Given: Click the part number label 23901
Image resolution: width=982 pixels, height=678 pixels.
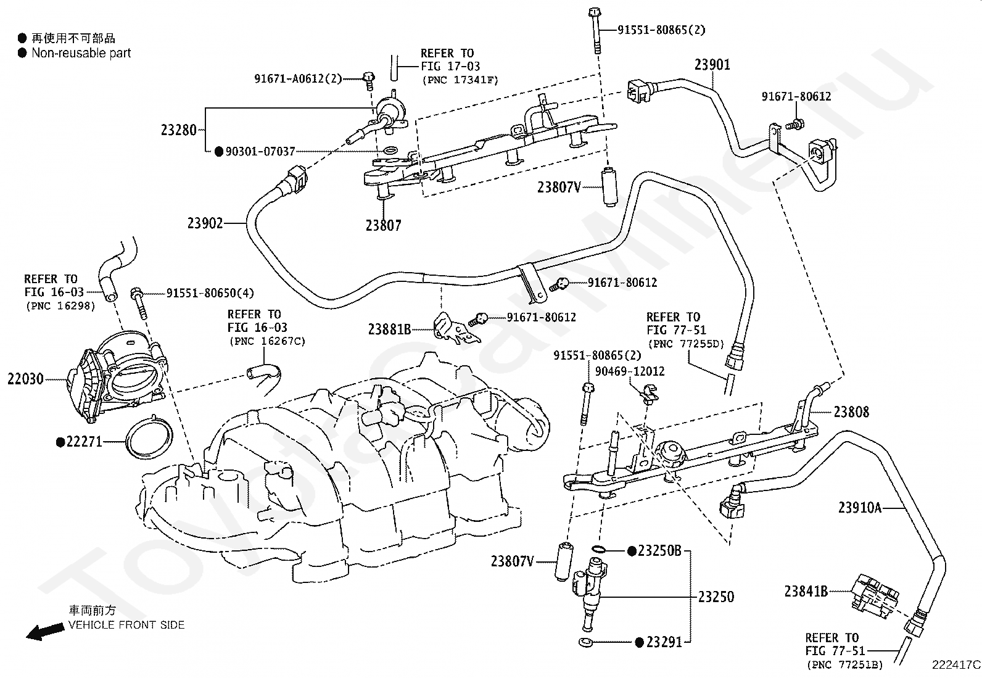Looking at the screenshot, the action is coord(712,65).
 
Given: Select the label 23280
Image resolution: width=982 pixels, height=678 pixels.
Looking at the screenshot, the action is coord(178,130).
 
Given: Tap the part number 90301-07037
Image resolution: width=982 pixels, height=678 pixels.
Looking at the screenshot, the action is coord(260,152).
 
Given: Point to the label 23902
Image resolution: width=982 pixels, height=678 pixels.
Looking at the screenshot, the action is coord(205,223).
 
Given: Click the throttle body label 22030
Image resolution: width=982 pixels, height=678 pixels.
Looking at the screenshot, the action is coord(25,379).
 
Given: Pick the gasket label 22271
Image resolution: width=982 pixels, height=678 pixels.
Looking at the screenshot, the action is coord(84,442).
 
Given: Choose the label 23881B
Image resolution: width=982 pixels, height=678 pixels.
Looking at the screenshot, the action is coord(389,329).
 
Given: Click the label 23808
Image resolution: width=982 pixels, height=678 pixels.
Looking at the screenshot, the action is coord(851,412).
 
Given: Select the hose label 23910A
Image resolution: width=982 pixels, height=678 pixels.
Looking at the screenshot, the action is coord(860,507).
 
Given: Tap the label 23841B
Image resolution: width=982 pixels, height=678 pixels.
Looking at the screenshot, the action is coord(806,592).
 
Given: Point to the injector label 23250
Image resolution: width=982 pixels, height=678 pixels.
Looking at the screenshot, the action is coord(716,597).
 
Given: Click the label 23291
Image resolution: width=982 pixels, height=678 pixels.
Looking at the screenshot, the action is coord(664,642).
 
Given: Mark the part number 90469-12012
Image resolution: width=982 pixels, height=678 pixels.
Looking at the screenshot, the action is coord(630,371).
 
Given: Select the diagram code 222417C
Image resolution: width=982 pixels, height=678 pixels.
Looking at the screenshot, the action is coord(955,665).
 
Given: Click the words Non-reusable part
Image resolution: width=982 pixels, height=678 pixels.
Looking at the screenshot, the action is coord(81,53).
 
